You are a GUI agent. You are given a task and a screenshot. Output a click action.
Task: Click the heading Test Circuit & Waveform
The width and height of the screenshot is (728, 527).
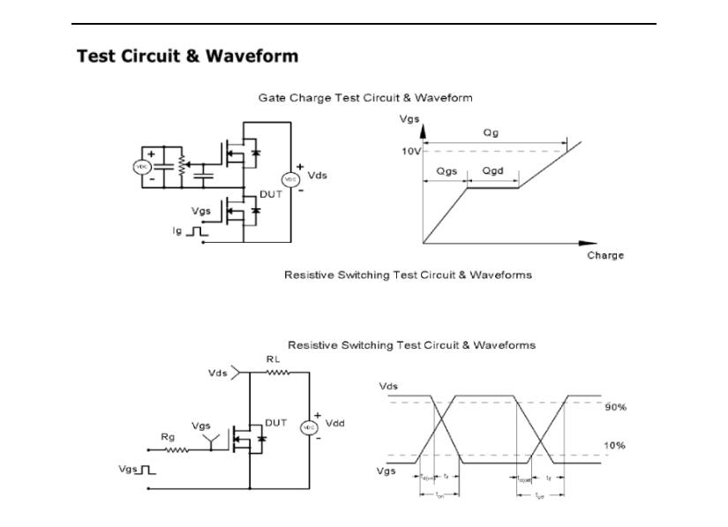pyautogui.click(x=187, y=56)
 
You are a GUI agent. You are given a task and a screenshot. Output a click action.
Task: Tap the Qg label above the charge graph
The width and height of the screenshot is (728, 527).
pyautogui.click(x=490, y=132)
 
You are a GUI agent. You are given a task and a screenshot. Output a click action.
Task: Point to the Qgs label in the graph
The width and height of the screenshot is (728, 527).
pyautogui.click(x=447, y=171)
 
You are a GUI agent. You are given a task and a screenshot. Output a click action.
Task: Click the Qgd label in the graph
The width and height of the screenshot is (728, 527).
pyautogui.click(x=492, y=171)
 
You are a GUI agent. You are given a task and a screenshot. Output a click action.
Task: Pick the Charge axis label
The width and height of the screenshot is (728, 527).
pyautogui.click(x=604, y=255)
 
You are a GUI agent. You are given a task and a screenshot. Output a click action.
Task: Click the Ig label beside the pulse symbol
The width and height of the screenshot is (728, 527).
pyautogui.click(x=177, y=232)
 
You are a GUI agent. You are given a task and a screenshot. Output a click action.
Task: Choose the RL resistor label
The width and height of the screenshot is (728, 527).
pyautogui.click(x=274, y=359)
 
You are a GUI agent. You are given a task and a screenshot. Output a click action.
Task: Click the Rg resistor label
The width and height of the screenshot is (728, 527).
pyautogui.click(x=168, y=437)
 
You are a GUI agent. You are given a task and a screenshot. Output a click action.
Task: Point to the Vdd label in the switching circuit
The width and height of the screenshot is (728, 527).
pyautogui.click(x=335, y=423)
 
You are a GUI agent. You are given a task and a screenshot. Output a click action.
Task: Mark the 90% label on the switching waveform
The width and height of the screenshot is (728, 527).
pyautogui.click(x=615, y=408)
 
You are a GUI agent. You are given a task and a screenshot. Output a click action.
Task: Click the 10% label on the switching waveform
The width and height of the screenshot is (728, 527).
pyautogui.click(x=615, y=446)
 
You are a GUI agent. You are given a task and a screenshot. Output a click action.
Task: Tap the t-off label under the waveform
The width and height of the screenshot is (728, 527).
pyautogui.click(x=540, y=496)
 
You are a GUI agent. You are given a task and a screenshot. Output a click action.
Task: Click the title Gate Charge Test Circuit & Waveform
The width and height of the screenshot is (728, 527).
pyautogui.click(x=364, y=97)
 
